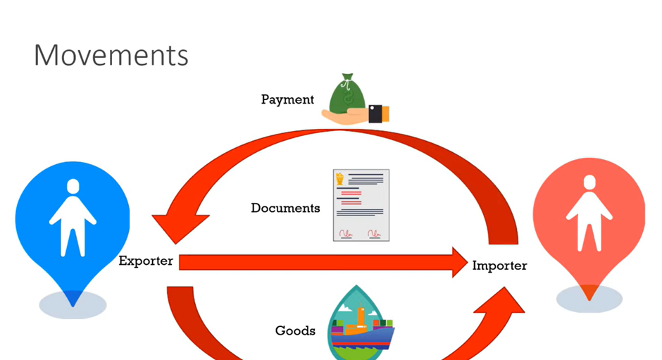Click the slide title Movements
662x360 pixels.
[x=111, y=56]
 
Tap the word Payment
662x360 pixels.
[x=287, y=100]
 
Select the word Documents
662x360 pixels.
[x=285, y=208]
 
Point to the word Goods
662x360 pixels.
[x=295, y=330]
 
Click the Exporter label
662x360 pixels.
[x=146, y=261]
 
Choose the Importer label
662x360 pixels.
[x=499, y=266]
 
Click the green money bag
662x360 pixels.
[x=347, y=92]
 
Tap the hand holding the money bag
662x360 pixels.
[x=355, y=115]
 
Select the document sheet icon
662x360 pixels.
[x=361, y=205]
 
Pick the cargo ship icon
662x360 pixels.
[x=361, y=323]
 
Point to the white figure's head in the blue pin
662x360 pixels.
[x=73, y=186]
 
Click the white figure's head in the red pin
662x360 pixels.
[x=589, y=182]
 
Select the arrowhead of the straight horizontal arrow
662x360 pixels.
[x=460, y=262]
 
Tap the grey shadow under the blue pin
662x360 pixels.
[x=73, y=304]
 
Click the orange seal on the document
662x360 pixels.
[x=340, y=179]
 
